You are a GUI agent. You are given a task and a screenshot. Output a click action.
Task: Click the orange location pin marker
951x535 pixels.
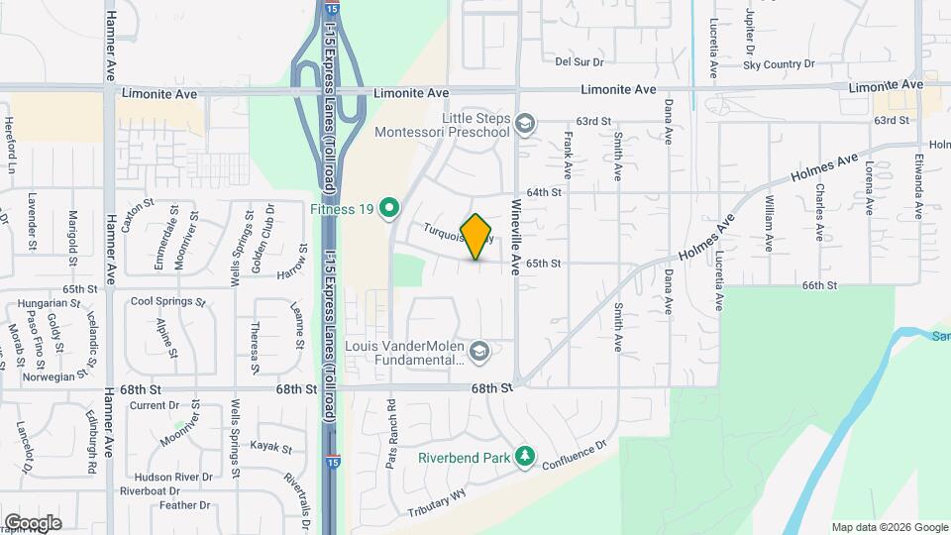476,236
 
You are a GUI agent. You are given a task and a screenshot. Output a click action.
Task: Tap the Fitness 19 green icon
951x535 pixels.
390,208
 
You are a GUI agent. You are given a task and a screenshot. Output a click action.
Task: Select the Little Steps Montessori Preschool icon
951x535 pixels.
525,124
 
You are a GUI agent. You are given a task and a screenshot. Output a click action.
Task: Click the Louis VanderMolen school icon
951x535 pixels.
479,351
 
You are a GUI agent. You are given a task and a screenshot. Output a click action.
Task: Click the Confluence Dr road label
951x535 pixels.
570,457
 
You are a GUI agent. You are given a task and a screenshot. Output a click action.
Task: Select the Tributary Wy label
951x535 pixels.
435,503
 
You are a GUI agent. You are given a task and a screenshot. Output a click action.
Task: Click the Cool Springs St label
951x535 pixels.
167,301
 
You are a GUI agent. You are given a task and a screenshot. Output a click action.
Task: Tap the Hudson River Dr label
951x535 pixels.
179,477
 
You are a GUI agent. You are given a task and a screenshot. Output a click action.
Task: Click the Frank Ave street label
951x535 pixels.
569,149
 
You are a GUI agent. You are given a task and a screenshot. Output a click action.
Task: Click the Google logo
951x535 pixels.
32,522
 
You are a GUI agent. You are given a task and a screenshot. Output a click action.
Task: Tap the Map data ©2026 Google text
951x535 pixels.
889,527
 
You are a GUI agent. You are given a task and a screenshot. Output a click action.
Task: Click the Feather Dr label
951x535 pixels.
185,505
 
